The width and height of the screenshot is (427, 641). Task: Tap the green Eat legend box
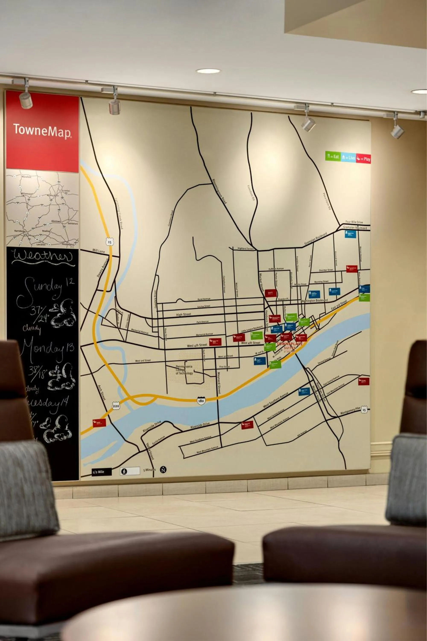click(333, 156)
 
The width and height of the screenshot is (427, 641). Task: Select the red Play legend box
click(363, 159)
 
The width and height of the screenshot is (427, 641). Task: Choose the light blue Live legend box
click(348, 157)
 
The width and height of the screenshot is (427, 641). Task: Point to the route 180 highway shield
click(201, 400)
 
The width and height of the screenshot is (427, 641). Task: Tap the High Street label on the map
click(184, 315)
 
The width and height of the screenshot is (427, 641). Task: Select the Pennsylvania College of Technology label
click(184, 370)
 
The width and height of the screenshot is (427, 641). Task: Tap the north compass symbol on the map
click(163, 470)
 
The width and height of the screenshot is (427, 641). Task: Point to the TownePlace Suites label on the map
click(290, 345)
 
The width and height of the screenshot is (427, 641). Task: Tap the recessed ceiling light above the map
click(208, 71)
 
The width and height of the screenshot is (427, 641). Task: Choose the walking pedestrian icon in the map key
click(124, 471)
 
